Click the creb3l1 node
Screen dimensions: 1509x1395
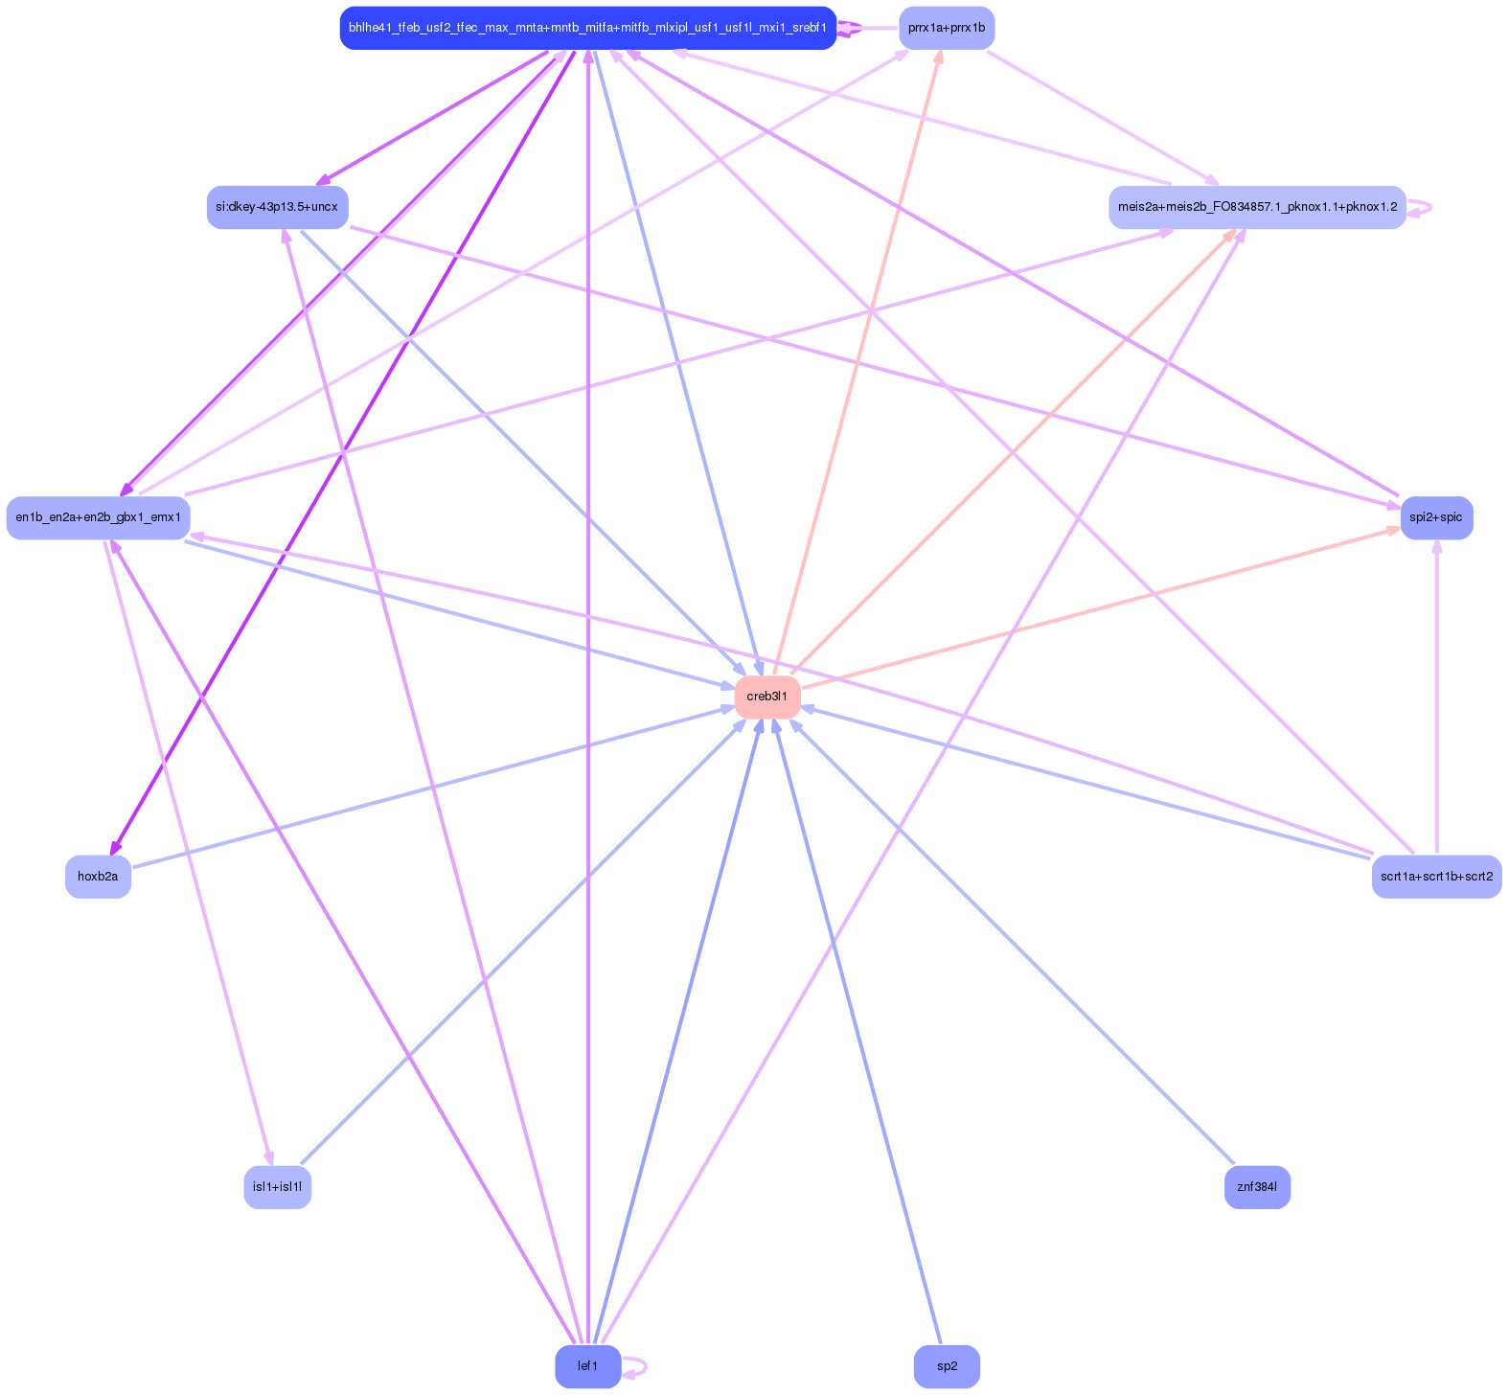tap(767, 697)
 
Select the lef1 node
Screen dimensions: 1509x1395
tap(588, 1366)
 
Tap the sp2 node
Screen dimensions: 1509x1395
tap(947, 1366)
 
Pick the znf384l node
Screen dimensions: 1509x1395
tap(1257, 1187)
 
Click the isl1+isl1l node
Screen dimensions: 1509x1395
tap(277, 1187)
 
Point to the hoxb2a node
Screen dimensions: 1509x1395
tap(98, 876)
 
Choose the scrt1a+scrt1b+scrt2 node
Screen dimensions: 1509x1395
tap(1436, 876)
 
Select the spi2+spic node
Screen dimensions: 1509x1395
tap(1436, 517)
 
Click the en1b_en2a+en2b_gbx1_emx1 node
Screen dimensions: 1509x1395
tap(98, 517)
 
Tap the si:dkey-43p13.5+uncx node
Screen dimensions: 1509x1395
tap(277, 207)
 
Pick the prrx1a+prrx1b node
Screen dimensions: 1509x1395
tap(947, 28)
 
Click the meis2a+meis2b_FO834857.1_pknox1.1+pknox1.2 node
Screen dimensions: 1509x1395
tap(1257, 207)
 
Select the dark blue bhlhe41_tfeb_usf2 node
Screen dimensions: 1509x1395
tap(588, 28)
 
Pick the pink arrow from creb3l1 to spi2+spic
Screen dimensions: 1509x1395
tap(1102, 607)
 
